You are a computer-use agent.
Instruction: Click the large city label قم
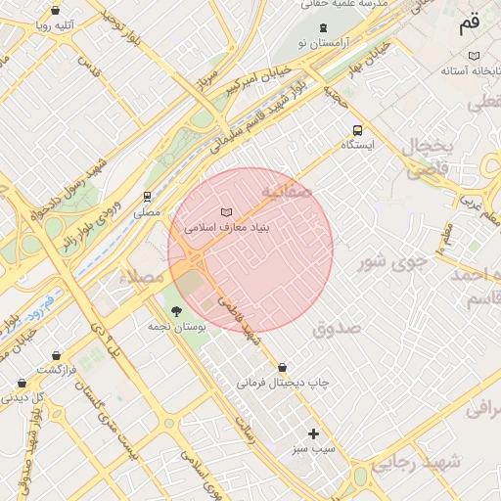pyautogui.click(x=470, y=22)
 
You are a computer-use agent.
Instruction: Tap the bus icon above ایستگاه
pyautogui.click(x=357, y=129)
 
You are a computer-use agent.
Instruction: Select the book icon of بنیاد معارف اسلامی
pyautogui.click(x=227, y=212)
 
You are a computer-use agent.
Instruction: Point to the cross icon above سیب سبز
pyautogui.click(x=314, y=433)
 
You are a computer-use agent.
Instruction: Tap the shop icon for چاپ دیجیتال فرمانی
pyautogui.click(x=283, y=367)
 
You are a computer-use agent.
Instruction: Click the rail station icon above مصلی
pyautogui.click(x=147, y=196)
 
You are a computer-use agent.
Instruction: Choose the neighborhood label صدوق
pyautogui.click(x=338, y=328)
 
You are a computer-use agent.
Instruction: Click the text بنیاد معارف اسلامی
pyautogui.click(x=227, y=228)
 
